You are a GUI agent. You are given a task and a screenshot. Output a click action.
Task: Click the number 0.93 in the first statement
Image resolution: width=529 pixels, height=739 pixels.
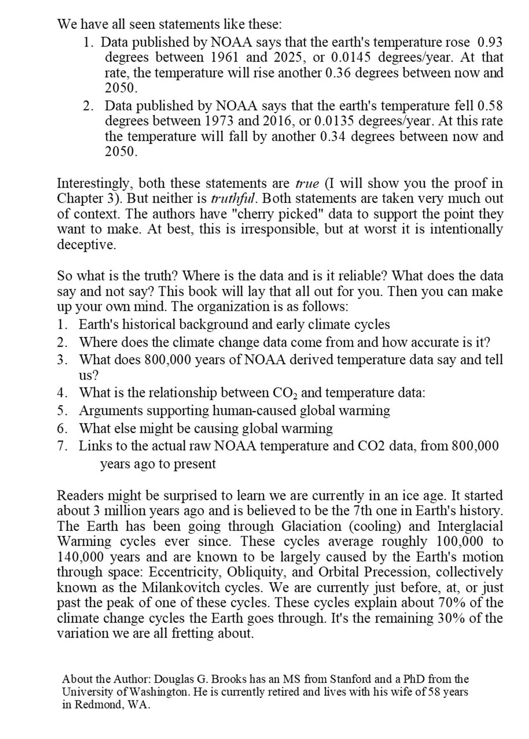(x=490, y=42)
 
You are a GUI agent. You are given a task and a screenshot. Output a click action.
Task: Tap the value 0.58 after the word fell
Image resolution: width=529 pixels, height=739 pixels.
(x=490, y=106)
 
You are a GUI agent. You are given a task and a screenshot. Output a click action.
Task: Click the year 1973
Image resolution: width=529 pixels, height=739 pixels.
(x=220, y=121)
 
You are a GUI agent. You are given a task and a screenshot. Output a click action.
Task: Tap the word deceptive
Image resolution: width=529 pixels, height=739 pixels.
(x=87, y=245)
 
